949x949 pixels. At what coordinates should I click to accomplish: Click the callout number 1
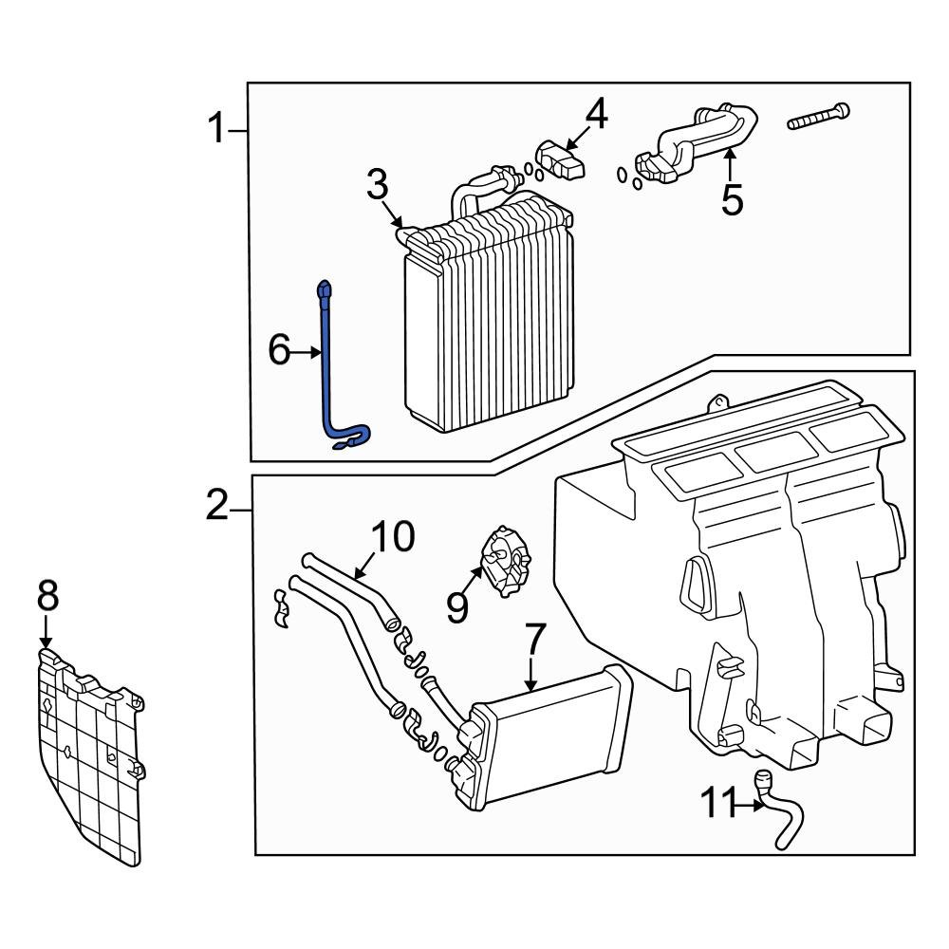[218, 128]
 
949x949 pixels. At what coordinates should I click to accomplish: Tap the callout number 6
[279, 352]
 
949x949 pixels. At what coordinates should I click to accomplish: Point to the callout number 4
[595, 115]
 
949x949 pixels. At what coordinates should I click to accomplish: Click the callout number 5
[732, 199]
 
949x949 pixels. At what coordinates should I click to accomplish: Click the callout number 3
[378, 183]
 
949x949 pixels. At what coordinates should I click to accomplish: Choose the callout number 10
[393, 537]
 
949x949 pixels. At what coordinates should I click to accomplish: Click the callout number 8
[47, 597]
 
